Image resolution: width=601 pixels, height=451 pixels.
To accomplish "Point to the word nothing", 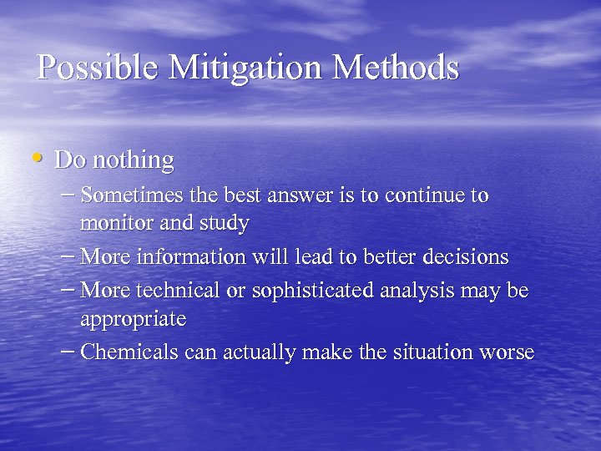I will (134, 160).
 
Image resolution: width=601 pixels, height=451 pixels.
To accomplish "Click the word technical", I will (168, 290).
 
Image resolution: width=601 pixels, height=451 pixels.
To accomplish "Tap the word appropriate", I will (134, 320).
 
